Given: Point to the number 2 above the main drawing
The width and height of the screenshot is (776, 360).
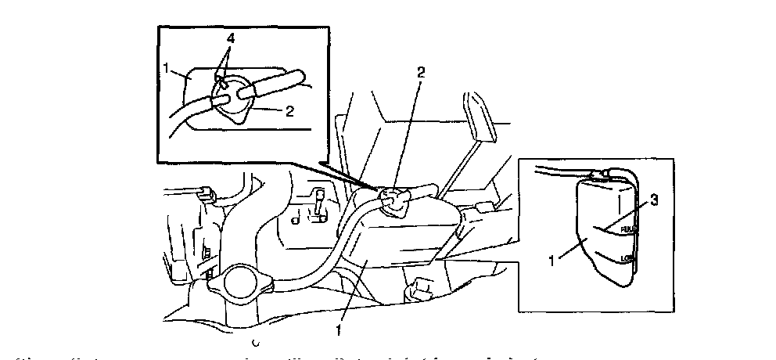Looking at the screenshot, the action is coord(421,72).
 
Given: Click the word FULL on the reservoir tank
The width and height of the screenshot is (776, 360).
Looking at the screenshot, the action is coord(628,230).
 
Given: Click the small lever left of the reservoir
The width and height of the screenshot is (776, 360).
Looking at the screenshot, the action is coord(318,206).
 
